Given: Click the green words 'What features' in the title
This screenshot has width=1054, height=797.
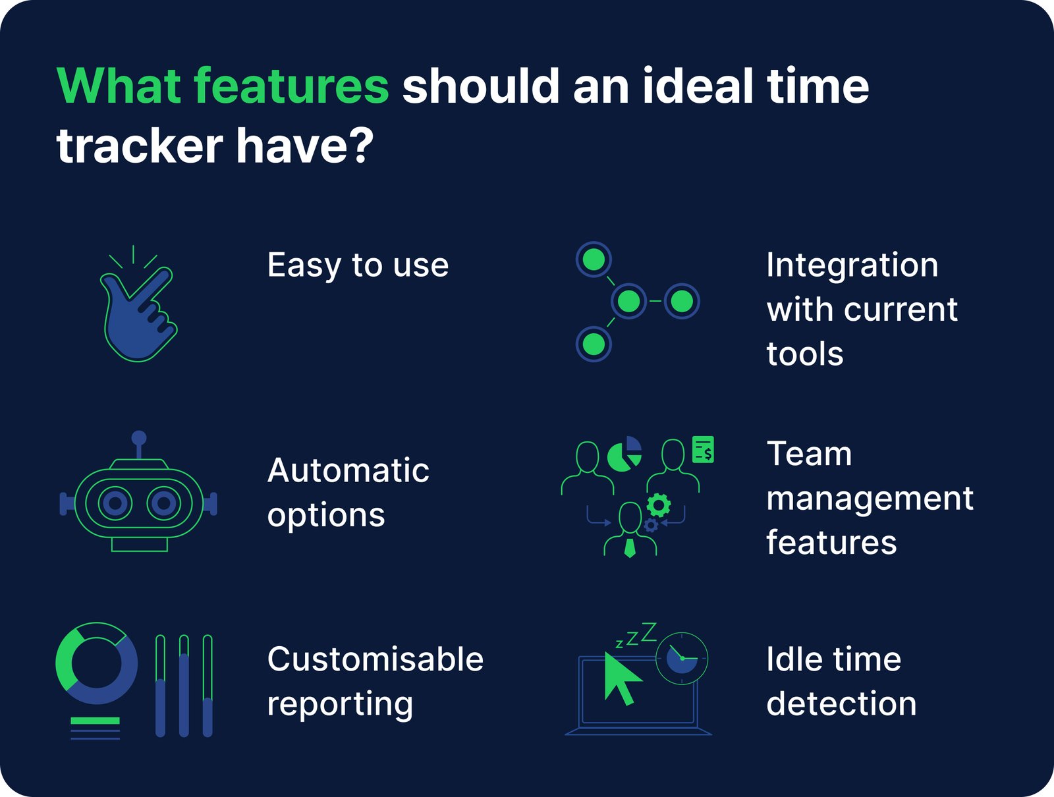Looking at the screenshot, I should [223, 86].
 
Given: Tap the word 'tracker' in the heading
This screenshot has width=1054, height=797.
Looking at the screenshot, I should [140, 146].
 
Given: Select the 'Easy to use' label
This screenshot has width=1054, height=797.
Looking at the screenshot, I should [358, 265].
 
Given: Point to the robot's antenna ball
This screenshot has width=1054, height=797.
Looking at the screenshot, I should [138, 438].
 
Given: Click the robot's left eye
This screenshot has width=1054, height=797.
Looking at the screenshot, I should [115, 504].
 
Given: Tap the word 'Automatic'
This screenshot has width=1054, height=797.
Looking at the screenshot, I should [348, 471].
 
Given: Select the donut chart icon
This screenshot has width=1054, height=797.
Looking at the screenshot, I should [97, 663].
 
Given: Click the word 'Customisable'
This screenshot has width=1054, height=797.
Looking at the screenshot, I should [375, 659].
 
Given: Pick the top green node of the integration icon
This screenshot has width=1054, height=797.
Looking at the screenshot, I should [594, 260].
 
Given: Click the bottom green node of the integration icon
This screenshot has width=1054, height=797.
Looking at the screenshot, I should [594, 344].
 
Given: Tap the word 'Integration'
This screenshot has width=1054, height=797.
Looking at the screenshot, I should [852, 265].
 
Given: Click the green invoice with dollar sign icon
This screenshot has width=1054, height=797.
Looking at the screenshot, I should [703, 450].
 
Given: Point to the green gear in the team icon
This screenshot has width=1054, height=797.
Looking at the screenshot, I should [658, 505].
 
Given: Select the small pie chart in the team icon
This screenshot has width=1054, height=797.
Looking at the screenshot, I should [624, 454].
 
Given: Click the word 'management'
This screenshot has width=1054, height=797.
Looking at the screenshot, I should [870, 499].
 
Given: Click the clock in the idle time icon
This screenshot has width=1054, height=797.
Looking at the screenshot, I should [682, 658].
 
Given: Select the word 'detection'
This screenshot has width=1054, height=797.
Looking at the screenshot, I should [841, 703].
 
